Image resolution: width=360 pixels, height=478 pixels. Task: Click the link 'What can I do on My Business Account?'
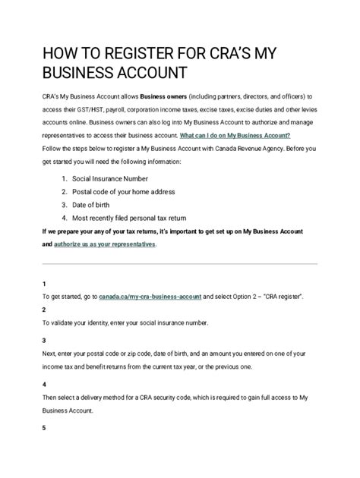(x=235, y=133)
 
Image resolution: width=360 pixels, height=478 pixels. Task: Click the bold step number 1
(x=44, y=282)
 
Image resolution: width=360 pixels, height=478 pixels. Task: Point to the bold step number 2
(x=44, y=310)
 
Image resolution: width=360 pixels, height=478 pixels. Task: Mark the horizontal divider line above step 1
(x=179, y=264)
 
